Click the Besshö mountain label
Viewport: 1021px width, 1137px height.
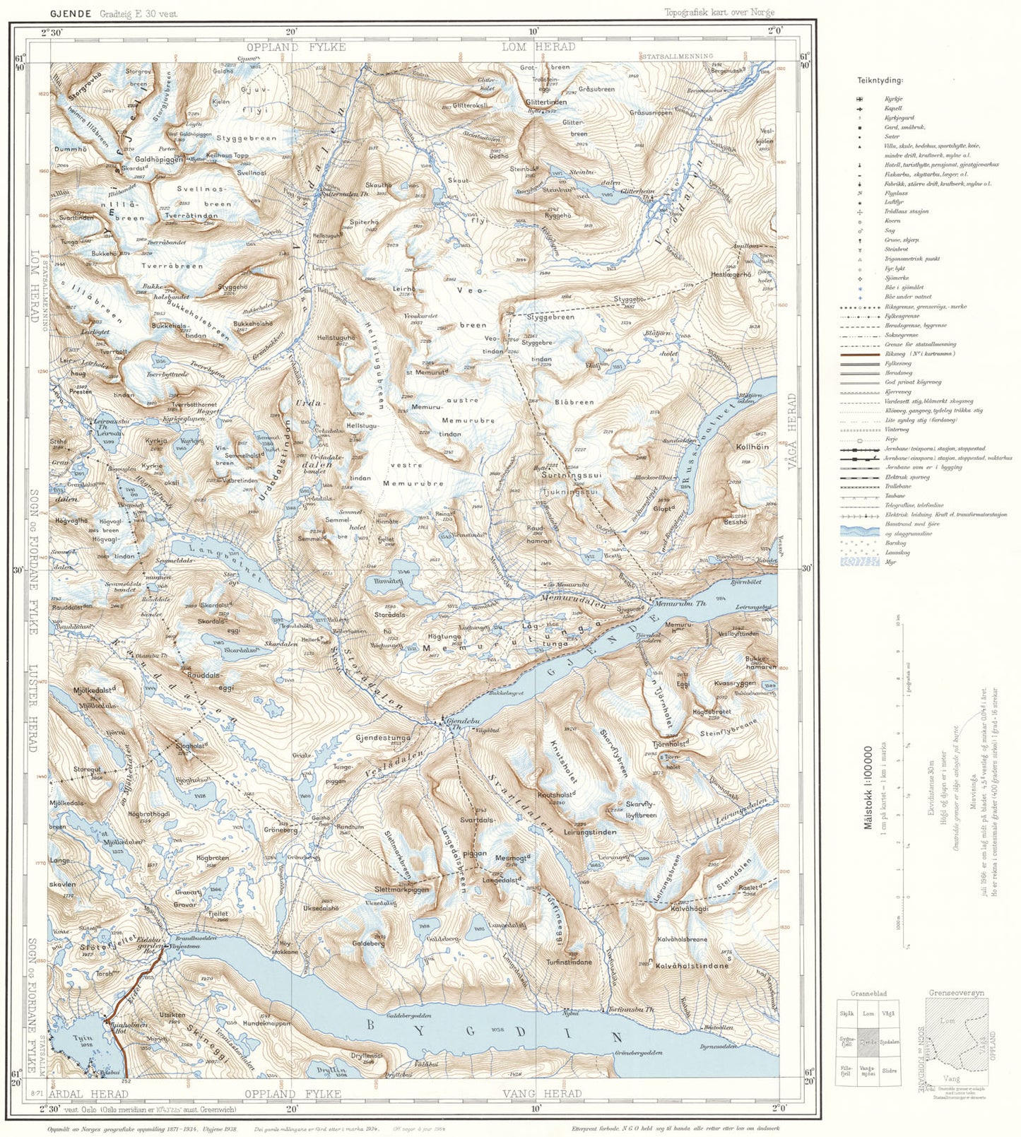(x=735, y=522)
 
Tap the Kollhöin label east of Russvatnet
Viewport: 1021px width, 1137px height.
(x=752, y=447)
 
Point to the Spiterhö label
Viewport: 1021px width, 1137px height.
(x=365, y=222)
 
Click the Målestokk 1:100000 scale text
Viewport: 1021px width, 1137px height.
(x=868, y=786)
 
